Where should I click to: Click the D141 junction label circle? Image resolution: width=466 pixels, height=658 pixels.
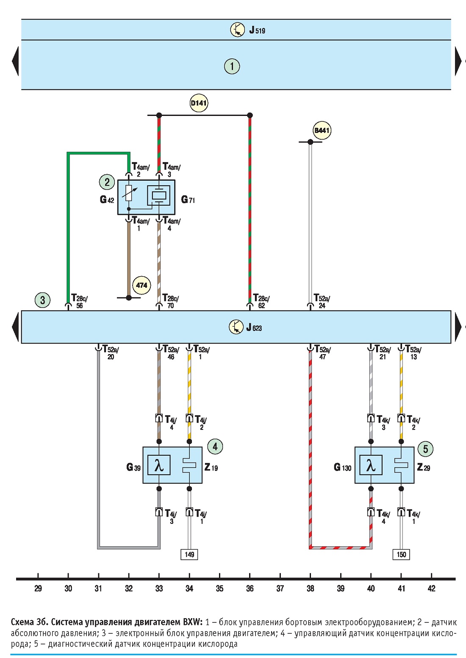point(199,103)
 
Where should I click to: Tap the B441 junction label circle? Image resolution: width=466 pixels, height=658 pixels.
point(322,130)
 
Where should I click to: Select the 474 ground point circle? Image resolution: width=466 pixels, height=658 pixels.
point(142,285)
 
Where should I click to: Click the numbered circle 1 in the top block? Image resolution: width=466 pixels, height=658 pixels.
point(232,66)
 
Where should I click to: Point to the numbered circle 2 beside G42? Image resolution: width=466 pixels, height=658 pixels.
point(107,182)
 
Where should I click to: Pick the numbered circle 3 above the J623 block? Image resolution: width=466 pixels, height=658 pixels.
point(43,300)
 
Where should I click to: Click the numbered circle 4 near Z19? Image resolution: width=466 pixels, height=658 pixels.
point(215,446)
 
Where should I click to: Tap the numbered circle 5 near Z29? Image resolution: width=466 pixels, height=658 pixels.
point(425,449)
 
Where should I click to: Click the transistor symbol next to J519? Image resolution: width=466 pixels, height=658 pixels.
point(238,29)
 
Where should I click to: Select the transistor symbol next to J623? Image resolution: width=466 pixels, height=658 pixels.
point(236,327)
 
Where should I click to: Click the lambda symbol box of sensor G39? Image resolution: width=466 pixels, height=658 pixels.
point(159,465)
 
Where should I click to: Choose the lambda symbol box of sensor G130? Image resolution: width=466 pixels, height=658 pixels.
point(371,465)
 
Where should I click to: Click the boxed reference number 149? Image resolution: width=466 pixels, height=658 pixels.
point(189,555)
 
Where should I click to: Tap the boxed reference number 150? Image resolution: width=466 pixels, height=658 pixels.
point(401,555)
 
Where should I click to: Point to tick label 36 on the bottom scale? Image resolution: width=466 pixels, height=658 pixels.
point(250,588)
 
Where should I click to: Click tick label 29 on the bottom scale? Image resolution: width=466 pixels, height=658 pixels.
point(38,588)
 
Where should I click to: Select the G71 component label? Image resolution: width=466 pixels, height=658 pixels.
point(188,200)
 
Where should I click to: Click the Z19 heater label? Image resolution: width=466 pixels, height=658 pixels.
point(211,467)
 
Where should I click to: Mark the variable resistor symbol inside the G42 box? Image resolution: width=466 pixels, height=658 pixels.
point(129,193)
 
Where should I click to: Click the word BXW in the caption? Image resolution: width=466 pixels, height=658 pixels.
point(193,622)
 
